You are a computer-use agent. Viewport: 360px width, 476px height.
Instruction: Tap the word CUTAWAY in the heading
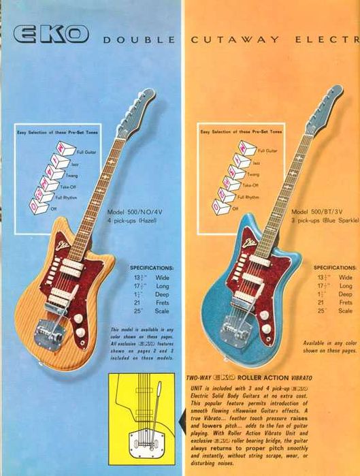234,39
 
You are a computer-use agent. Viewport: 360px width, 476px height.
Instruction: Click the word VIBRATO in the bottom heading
315,376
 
